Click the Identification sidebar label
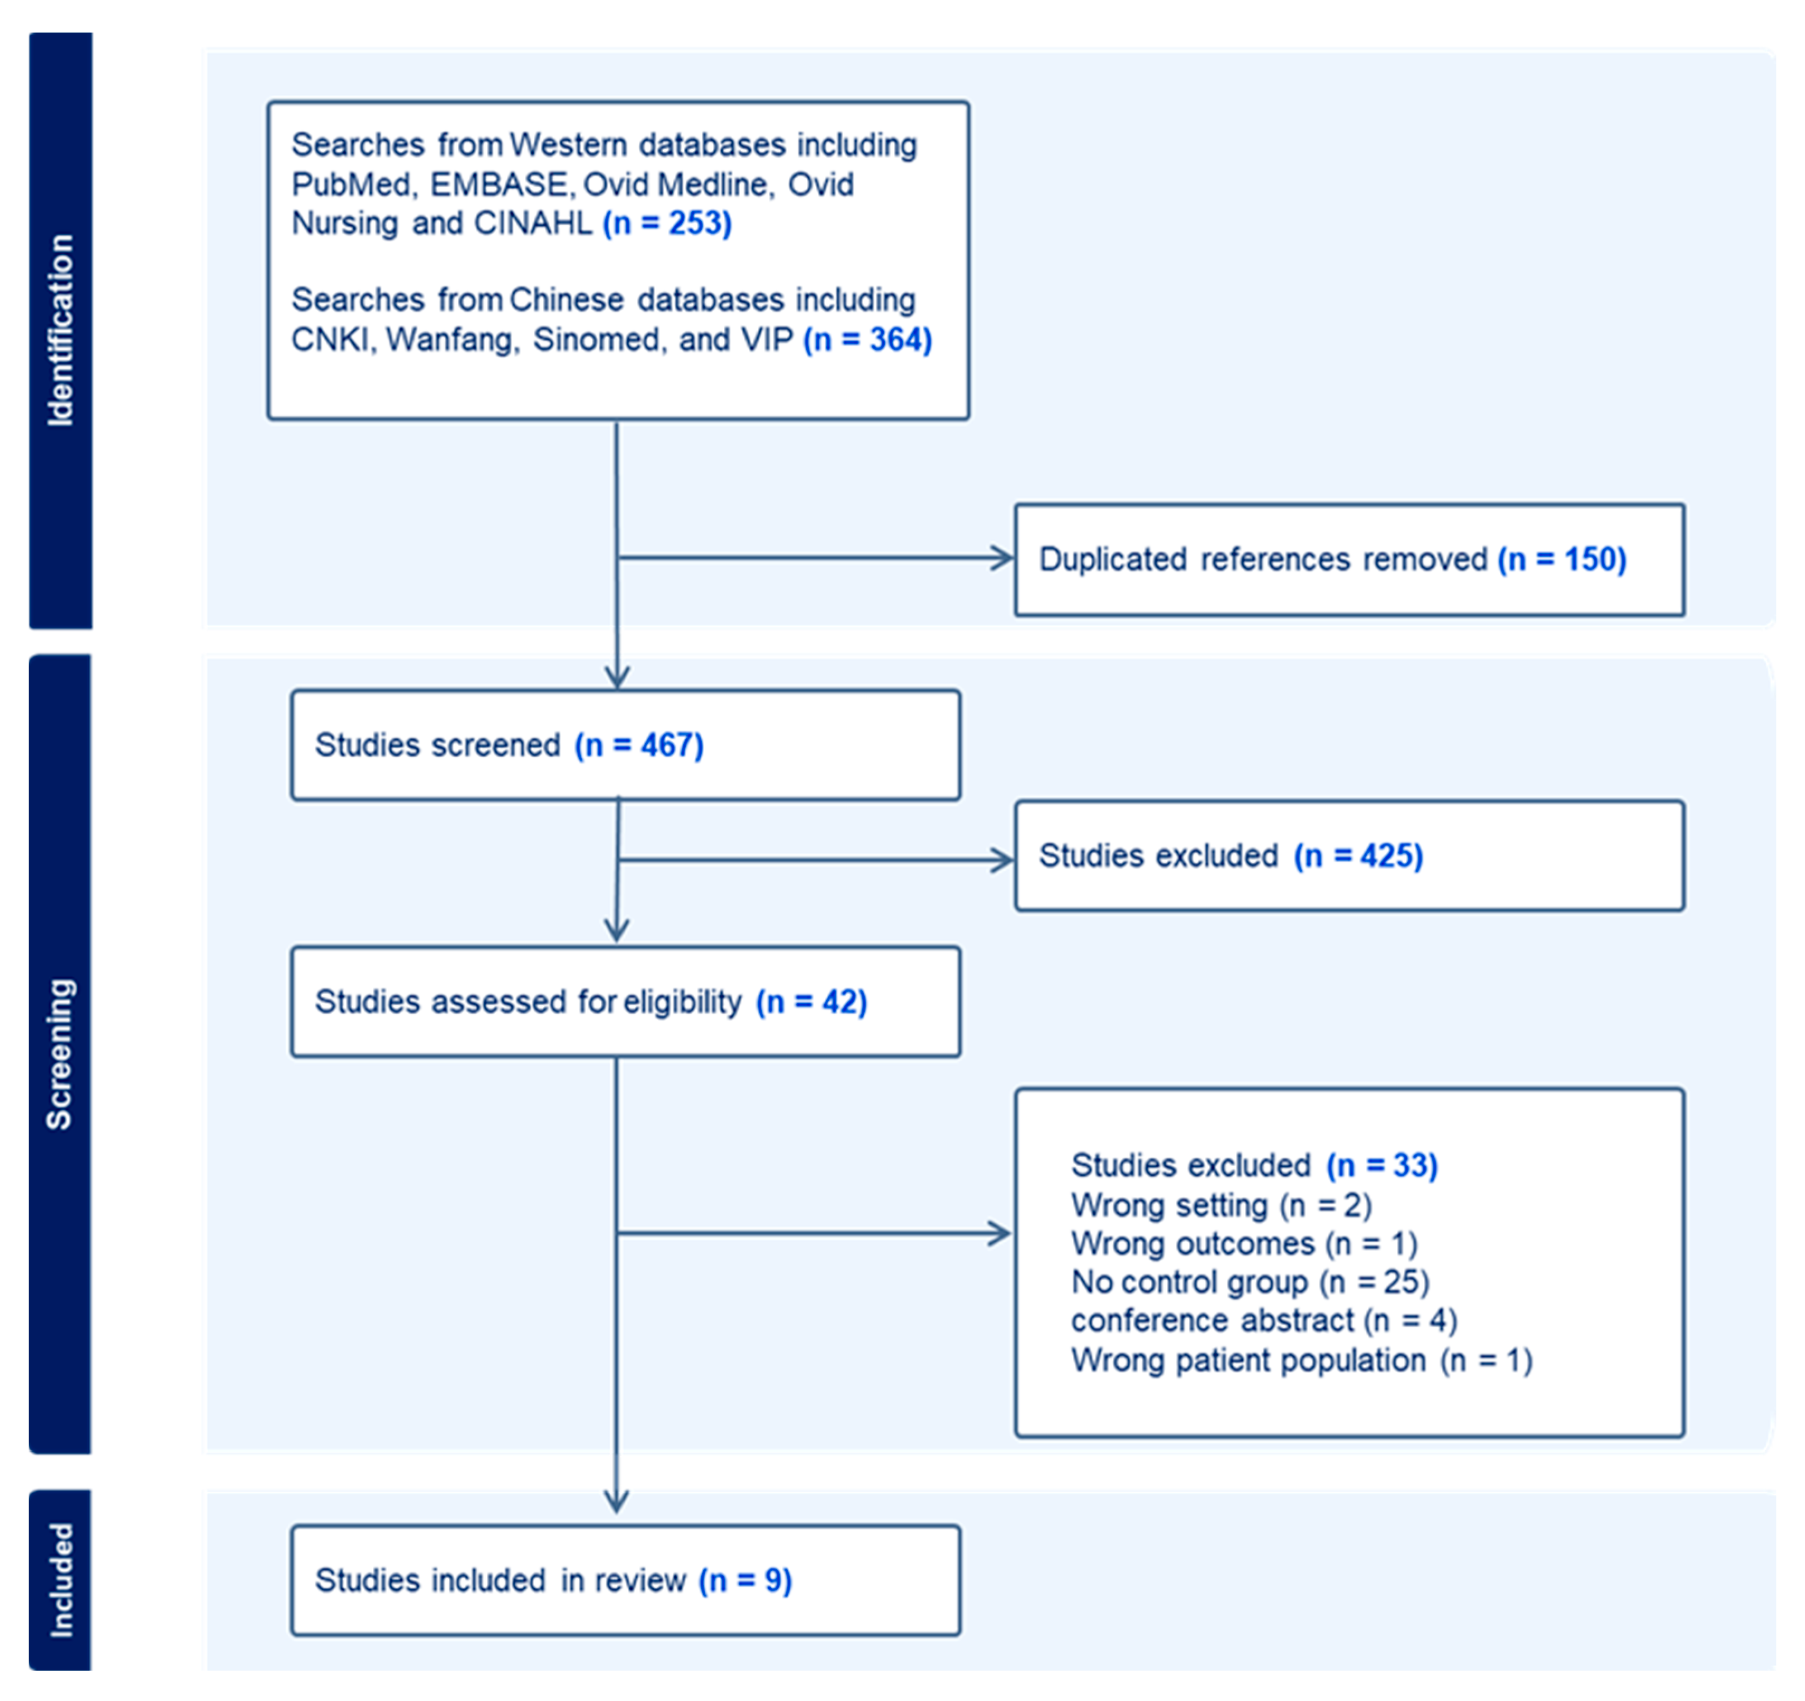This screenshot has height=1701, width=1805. [x=60, y=330]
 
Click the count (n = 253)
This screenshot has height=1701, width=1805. [x=667, y=224]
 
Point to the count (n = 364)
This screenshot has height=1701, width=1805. [x=867, y=340]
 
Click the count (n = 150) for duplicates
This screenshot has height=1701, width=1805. [x=1562, y=559]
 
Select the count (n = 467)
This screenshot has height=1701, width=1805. [x=638, y=745]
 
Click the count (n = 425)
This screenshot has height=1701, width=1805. [x=1358, y=856]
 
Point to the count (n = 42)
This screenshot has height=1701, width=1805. [x=812, y=1002]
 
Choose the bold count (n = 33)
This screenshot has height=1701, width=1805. [x=1382, y=1166]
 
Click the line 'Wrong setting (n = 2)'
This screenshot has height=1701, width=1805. [x=1221, y=1205]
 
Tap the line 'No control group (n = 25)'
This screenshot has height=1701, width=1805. [x=1250, y=1282]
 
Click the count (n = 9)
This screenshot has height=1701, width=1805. [x=744, y=1580]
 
